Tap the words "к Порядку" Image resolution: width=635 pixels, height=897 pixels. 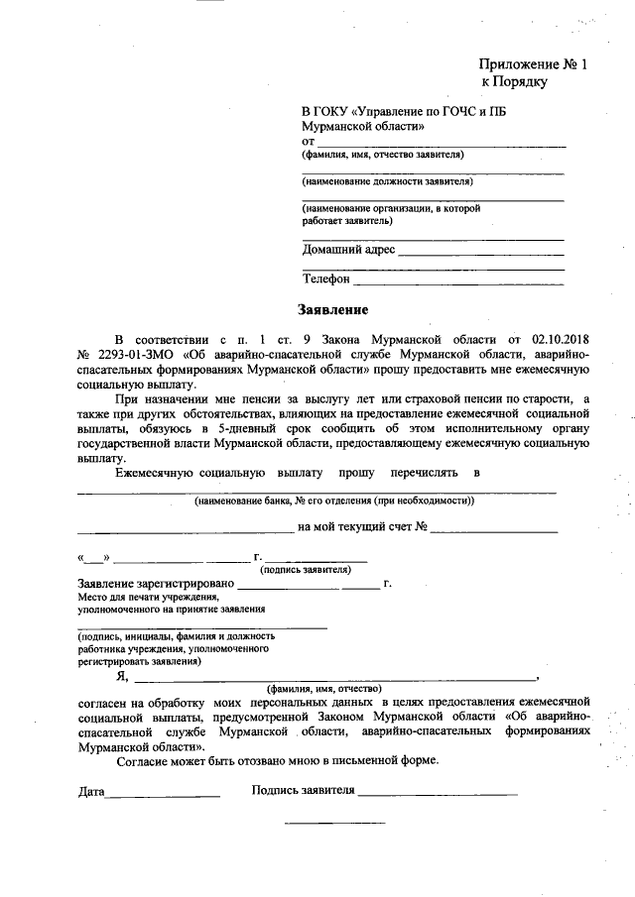(x=514, y=82)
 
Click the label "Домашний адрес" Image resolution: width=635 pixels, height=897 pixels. (x=348, y=249)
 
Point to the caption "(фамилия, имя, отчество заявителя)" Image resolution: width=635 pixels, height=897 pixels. (x=383, y=155)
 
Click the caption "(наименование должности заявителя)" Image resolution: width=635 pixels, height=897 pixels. (x=387, y=181)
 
